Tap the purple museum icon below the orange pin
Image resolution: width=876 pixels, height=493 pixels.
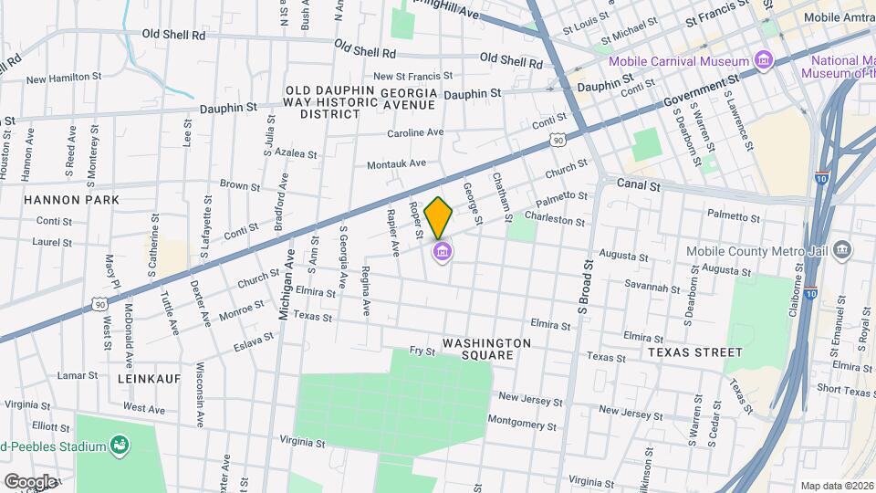(x=442, y=252)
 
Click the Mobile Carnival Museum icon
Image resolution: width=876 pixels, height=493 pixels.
(x=764, y=61)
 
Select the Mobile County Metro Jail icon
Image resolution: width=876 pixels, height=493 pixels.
(x=841, y=249)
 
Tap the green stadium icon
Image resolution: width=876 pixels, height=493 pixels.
(x=118, y=446)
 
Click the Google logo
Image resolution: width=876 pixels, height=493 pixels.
(x=29, y=481)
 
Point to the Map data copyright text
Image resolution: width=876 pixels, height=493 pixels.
(x=837, y=486)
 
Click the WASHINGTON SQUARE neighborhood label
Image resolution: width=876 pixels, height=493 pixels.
(x=486, y=349)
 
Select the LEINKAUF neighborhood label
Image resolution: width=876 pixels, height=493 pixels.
(x=149, y=377)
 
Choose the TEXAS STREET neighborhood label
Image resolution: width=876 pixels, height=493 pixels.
(x=695, y=351)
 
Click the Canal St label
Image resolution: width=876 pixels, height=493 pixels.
(x=638, y=184)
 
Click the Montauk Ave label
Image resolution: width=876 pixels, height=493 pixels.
(x=396, y=164)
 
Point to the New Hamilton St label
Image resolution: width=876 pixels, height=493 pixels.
(x=62, y=79)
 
